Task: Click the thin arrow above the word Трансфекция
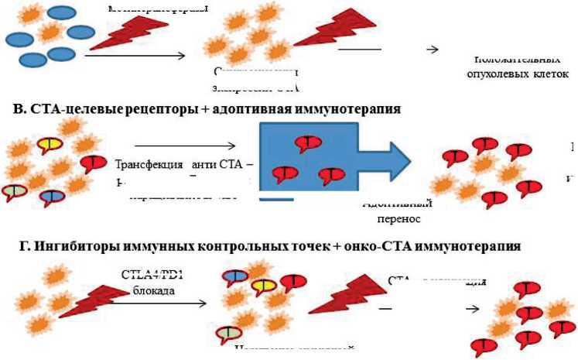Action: [x=185, y=146]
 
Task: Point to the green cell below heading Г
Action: [x=227, y=334]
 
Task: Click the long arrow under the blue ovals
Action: [x=135, y=55]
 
